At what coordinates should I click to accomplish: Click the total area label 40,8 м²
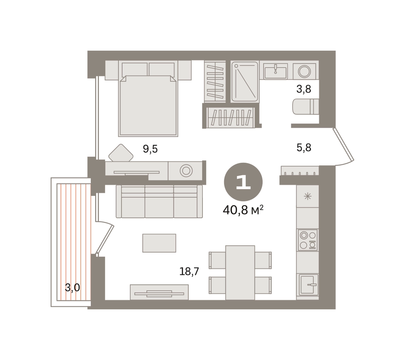(243, 210)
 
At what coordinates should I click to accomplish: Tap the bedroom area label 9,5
(150, 149)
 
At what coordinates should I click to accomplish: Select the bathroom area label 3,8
(304, 89)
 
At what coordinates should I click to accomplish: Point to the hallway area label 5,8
(304, 148)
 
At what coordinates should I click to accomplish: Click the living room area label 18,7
(189, 271)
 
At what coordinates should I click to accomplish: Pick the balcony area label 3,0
(72, 287)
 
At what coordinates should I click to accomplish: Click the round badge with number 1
(243, 182)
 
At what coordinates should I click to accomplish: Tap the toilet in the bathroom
(306, 107)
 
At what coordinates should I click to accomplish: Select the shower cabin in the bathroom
(245, 81)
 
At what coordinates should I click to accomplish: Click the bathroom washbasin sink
(275, 71)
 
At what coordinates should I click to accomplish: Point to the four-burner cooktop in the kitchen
(308, 240)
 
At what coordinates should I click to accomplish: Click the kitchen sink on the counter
(309, 285)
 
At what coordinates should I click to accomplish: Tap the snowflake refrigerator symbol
(308, 197)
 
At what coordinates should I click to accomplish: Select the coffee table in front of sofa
(159, 243)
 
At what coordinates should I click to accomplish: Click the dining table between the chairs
(240, 273)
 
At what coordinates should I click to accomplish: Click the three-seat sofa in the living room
(159, 201)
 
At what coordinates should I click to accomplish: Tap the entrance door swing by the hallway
(344, 146)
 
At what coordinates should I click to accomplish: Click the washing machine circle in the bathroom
(304, 71)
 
